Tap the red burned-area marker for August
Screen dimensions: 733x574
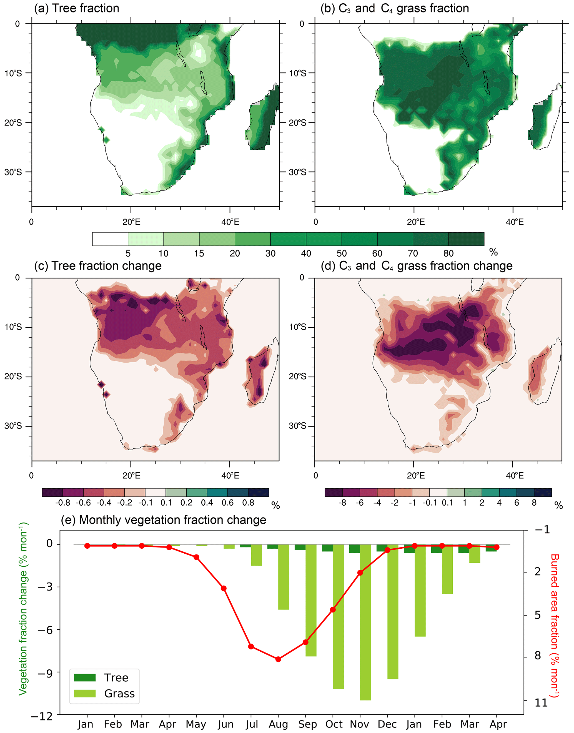pos(278,659)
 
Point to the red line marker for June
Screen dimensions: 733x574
pos(224,588)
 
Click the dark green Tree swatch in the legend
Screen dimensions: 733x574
pos(85,677)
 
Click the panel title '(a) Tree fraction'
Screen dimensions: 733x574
pos(77,8)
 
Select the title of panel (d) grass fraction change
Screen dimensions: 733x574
pos(417,266)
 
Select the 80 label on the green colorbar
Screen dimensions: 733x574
pos(448,253)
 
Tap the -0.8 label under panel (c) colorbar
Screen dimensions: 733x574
pos(63,503)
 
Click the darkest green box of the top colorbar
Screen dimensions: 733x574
pos(466,239)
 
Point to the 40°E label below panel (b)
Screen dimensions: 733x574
pos(515,222)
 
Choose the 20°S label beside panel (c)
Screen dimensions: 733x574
pos(13,376)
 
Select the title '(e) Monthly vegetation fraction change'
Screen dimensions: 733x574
pos(163,520)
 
